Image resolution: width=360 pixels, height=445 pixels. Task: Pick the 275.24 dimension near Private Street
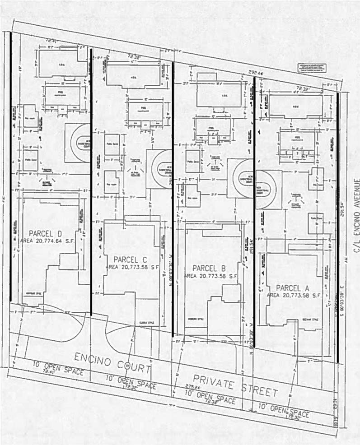(x=178, y=387)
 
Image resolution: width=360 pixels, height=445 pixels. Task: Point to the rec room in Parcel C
(x=112, y=182)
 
